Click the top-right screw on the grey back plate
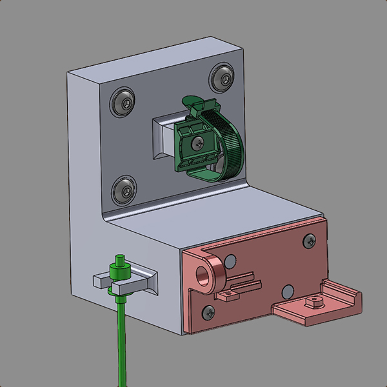(x=223, y=77)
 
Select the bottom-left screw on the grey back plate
(x=123, y=190)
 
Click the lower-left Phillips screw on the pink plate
(x=208, y=313)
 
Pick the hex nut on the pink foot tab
(x=315, y=301)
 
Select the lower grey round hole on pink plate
(x=288, y=291)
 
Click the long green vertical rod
(x=121, y=342)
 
